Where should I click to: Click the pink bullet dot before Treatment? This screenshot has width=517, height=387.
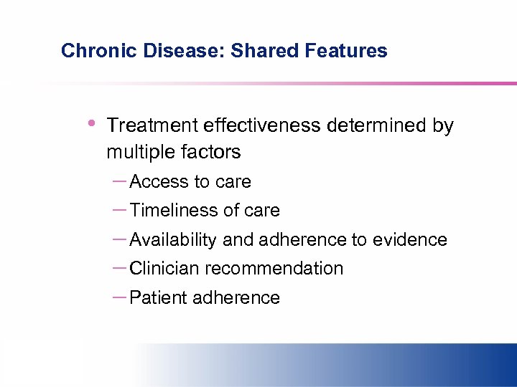pos(90,123)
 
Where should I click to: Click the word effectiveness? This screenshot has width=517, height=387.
pos(262,125)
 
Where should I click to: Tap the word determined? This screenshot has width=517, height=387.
pos(378,125)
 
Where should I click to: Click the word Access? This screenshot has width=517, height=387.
pos(159,182)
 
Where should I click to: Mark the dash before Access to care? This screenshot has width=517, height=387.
pos(120,181)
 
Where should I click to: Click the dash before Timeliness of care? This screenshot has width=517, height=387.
pos(120,210)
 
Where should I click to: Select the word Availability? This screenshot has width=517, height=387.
pos(173,240)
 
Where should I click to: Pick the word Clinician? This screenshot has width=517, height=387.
pos(164,269)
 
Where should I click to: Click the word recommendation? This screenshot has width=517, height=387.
pos(274,269)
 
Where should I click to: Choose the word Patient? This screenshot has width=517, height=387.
pos(157,298)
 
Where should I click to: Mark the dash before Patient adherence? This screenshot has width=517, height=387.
pos(120,297)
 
